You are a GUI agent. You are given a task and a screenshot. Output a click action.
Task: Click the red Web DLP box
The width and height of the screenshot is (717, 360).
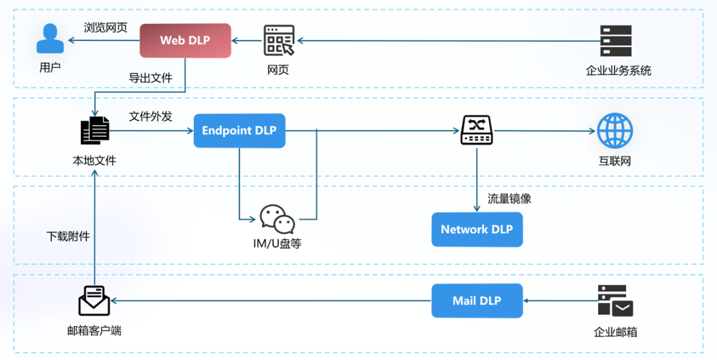pyautogui.click(x=185, y=41)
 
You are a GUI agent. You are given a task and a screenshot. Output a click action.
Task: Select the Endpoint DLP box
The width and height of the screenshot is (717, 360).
pyautogui.click(x=239, y=130)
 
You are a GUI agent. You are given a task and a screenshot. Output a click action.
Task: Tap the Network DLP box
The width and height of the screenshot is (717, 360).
pyautogui.click(x=477, y=229)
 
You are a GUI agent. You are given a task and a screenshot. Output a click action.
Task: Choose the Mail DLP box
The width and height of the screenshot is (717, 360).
pyautogui.click(x=477, y=301)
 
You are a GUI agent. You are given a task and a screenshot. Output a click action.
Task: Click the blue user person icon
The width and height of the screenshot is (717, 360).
pyautogui.click(x=50, y=39)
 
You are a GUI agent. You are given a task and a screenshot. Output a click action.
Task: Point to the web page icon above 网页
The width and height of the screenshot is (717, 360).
pyautogui.click(x=278, y=41)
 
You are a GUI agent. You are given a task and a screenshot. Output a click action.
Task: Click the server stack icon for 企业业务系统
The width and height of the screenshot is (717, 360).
pyautogui.click(x=615, y=41)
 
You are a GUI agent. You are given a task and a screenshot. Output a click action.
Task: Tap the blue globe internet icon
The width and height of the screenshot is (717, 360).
pyautogui.click(x=615, y=130)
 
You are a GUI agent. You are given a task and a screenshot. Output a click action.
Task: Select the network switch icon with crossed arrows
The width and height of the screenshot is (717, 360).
pyautogui.click(x=476, y=130)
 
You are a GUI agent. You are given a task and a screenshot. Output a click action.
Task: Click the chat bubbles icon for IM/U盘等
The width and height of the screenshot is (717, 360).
pyautogui.click(x=277, y=219)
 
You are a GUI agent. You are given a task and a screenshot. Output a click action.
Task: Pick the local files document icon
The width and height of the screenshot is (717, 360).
pyautogui.click(x=94, y=131)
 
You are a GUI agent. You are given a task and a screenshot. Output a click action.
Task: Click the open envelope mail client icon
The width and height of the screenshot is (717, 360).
pyautogui.click(x=94, y=300)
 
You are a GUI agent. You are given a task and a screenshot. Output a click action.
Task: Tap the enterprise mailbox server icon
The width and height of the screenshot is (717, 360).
pyautogui.click(x=615, y=301)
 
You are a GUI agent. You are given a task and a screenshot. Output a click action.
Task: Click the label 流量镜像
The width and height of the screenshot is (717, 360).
pyautogui.click(x=509, y=198)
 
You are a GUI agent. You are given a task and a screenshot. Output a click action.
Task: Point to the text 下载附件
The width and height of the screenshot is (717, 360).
pyautogui.click(x=68, y=236)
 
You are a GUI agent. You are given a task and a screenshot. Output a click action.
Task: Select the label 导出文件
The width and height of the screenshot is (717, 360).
pyautogui.click(x=150, y=78)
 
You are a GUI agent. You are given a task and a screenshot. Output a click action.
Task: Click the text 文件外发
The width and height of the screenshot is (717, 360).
pyautogui.click(x=150, y=116)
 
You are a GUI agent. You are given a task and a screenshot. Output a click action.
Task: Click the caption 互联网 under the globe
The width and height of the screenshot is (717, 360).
pyautogui.click(x=615, y=161)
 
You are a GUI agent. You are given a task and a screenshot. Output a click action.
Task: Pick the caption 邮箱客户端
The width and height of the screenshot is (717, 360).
pyautogui.click(x=94, y=330)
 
